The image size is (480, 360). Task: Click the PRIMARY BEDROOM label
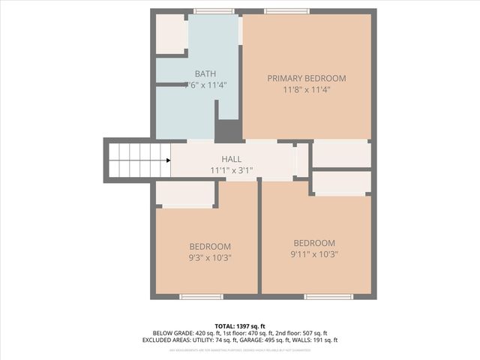pos(307,78)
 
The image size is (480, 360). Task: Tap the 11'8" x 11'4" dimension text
pos(307,89)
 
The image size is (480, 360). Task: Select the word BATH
pos(205,73)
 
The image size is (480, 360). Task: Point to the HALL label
pos(231,159)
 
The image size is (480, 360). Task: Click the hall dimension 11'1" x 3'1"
pos(231,170)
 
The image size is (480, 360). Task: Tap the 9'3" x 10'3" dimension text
pos(210,257)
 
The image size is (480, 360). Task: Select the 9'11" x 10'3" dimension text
pos(314,253)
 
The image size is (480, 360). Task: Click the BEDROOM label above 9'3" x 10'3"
pos(210,246)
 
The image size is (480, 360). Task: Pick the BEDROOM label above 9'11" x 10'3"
pos(314,242)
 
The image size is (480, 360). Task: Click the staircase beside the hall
pos(139,160)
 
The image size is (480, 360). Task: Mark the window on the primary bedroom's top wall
pos(286,11)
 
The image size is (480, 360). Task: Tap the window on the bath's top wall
pos(214,11)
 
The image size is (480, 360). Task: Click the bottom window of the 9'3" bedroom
pos(201,297)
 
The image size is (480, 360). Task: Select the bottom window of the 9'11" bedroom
pos(328,297)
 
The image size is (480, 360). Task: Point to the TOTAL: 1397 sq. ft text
pos(240,325)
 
